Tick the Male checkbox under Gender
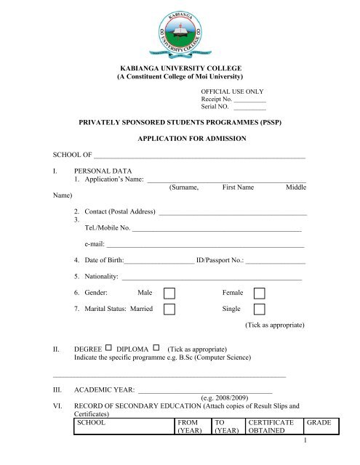click(170, 291)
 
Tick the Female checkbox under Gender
click(259, 291)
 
